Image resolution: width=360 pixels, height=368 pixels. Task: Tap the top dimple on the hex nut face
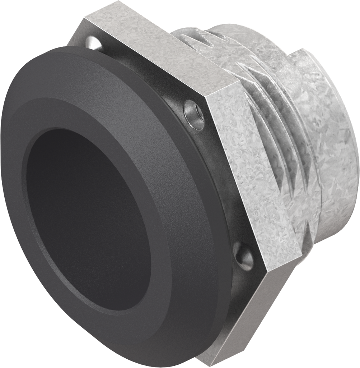coord(94,42)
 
